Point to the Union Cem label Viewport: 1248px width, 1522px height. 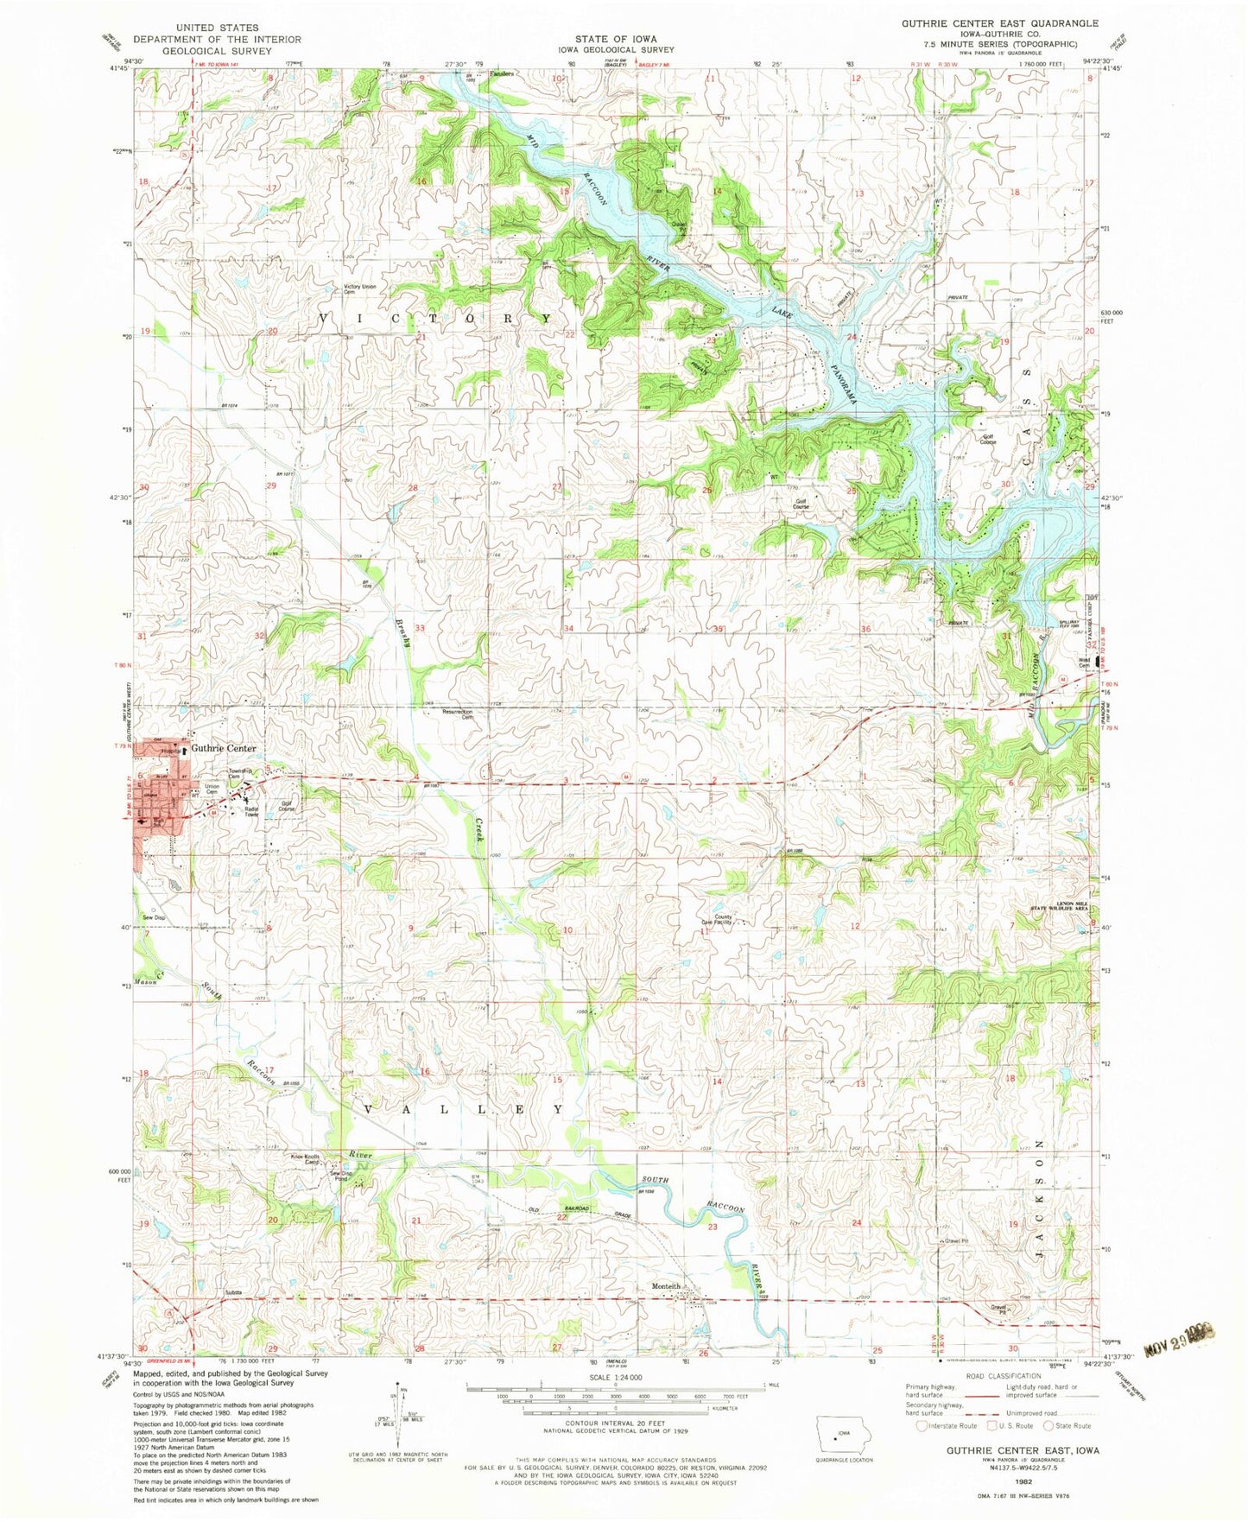pos(212,789)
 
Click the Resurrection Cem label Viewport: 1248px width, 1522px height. pos(458,714)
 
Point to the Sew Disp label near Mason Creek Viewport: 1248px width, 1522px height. pos(154,917)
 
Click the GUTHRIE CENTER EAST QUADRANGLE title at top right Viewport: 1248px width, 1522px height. pos(1000,23)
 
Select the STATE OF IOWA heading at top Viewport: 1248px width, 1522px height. pos(616,39)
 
